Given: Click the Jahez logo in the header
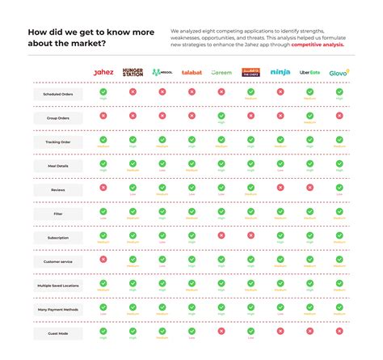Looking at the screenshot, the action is coord(103,72).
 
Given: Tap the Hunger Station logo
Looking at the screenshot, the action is coord(133,72).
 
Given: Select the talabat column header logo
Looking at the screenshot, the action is coord(191,73).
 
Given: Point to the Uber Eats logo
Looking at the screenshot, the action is coord(309,72).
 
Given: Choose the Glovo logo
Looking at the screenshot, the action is coord(339,72).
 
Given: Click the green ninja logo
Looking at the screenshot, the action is coord(280,72).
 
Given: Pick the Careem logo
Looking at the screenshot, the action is coord(221,73).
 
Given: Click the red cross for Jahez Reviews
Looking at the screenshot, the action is coord(103,187).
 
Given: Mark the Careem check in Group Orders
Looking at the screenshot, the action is coord(221,115).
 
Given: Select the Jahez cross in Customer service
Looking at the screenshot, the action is coord(103,259).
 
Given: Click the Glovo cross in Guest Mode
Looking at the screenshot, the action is coord(339,331).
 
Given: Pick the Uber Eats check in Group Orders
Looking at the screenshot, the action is coord(309,115).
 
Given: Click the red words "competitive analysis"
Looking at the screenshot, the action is coord(318,45).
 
